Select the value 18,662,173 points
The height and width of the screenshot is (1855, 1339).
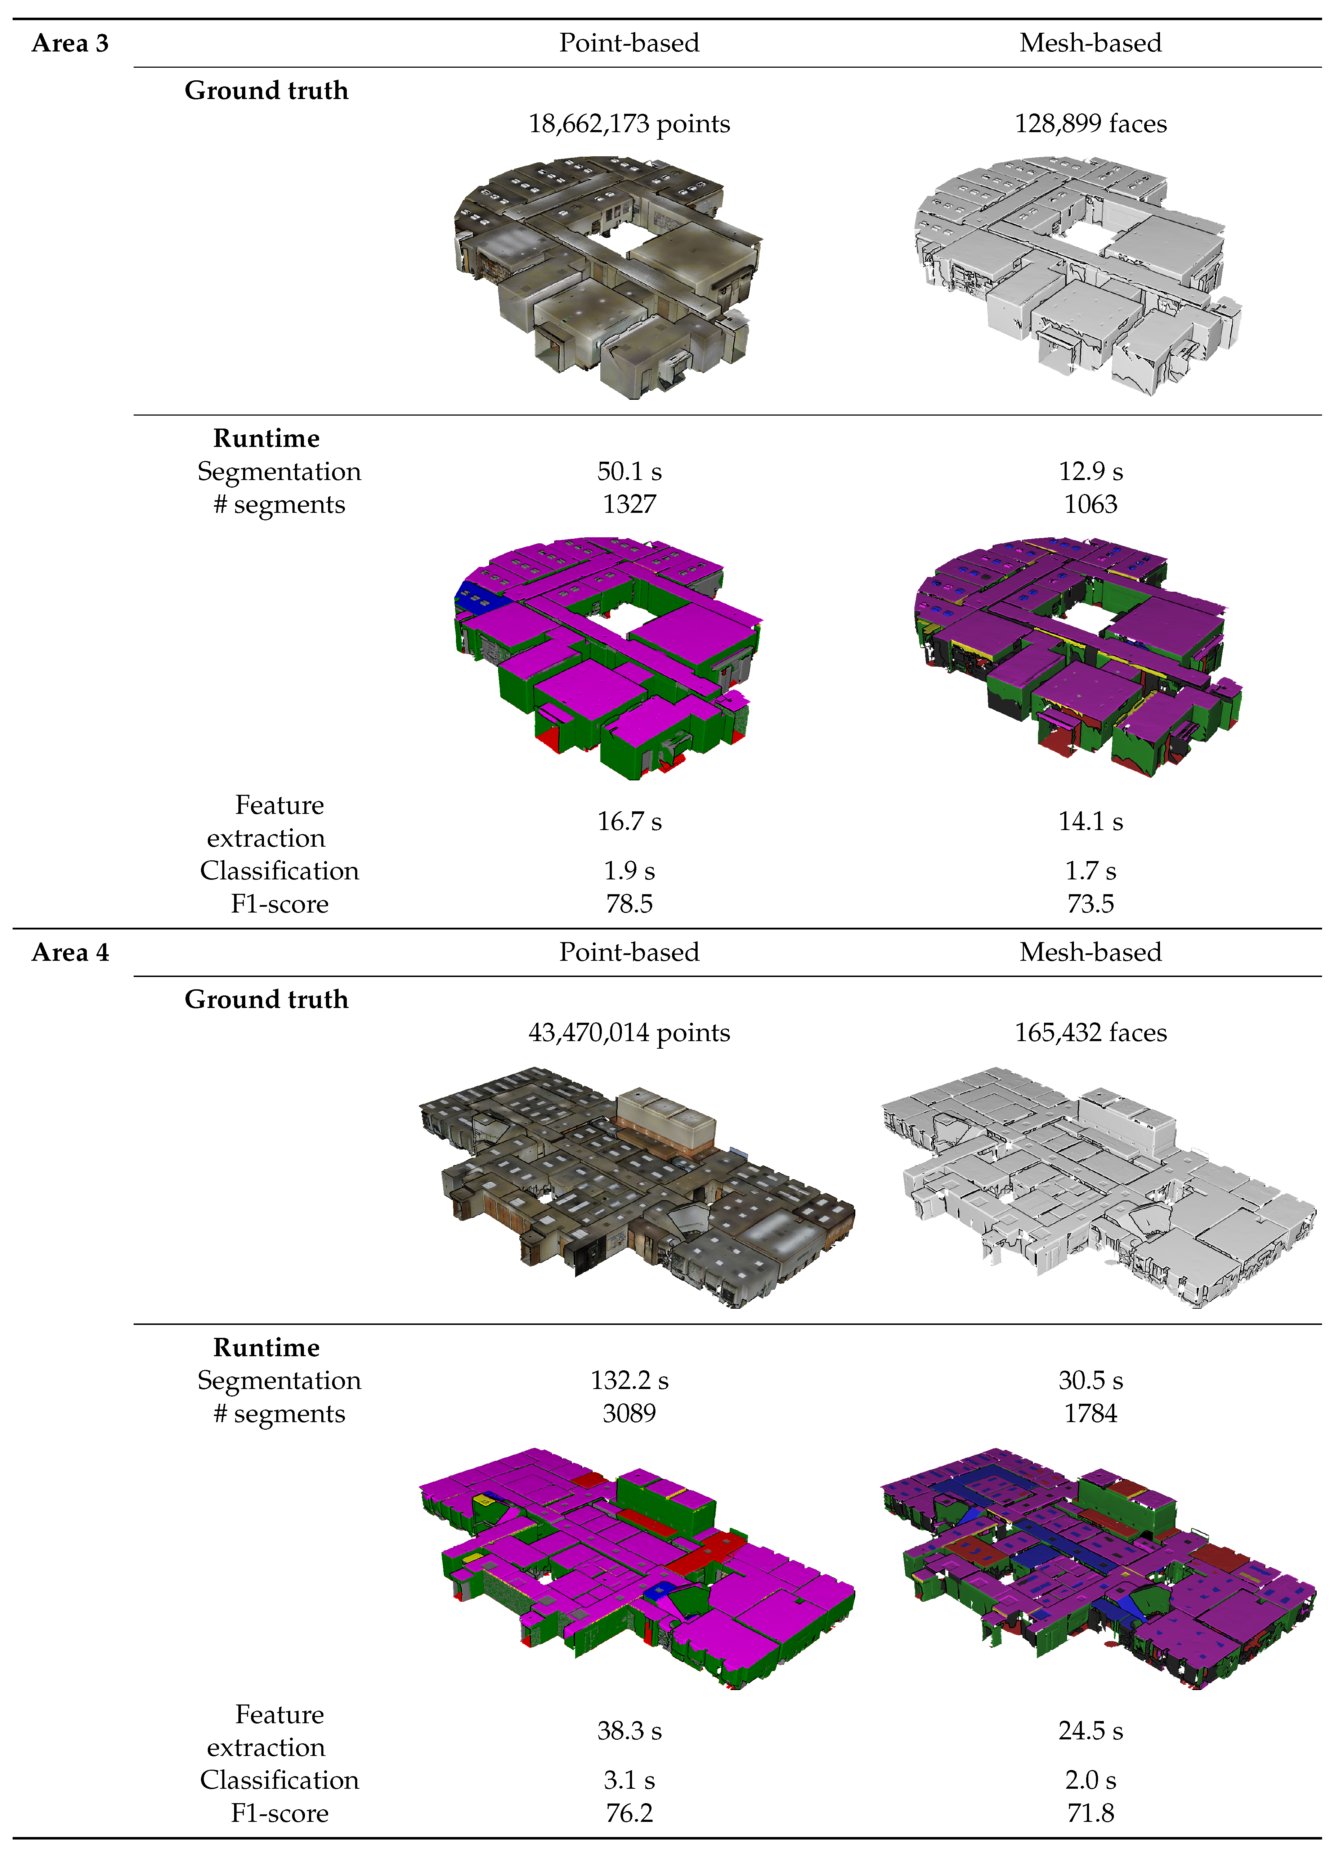point(629,124)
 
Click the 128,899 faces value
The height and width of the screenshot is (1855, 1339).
point(1091,124)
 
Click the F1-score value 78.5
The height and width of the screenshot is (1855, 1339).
point(629,904)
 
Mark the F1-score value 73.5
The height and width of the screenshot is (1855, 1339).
point(1091,904)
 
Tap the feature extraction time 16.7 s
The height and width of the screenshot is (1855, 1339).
point(629,821)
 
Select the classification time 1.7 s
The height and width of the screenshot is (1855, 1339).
point(1091,870)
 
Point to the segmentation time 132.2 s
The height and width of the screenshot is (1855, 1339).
point(629,1381)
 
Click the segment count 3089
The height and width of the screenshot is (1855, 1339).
point(629,1413)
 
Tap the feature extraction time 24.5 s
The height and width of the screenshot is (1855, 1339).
point(1091,1731)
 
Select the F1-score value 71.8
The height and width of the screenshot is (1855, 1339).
point(1091,1813)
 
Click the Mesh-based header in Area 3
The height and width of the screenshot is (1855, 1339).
point(1091,43)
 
